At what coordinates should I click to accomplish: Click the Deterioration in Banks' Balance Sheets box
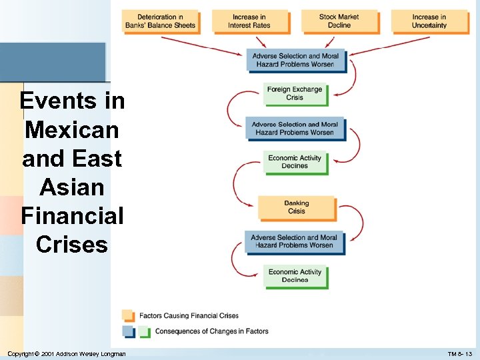point(160,21)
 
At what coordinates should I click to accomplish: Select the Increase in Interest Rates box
point(249,21)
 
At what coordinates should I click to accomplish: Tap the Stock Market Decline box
point(339,21)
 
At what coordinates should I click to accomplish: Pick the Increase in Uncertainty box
point(429,21)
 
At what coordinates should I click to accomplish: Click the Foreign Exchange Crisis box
point(295,93)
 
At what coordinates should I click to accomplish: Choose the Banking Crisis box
point(296,207)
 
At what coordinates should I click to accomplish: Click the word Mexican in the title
point(72,129)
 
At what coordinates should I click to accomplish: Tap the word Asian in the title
point(72,187)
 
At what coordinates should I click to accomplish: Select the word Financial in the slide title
point(72,216)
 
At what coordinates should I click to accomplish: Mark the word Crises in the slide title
point(72,245)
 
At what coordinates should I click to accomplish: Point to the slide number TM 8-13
point(459,353)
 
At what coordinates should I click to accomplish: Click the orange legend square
point(128,315)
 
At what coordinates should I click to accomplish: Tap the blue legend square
point(128,331)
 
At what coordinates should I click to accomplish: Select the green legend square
point(144,331)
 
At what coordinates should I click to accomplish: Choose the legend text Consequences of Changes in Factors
point(211,331)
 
